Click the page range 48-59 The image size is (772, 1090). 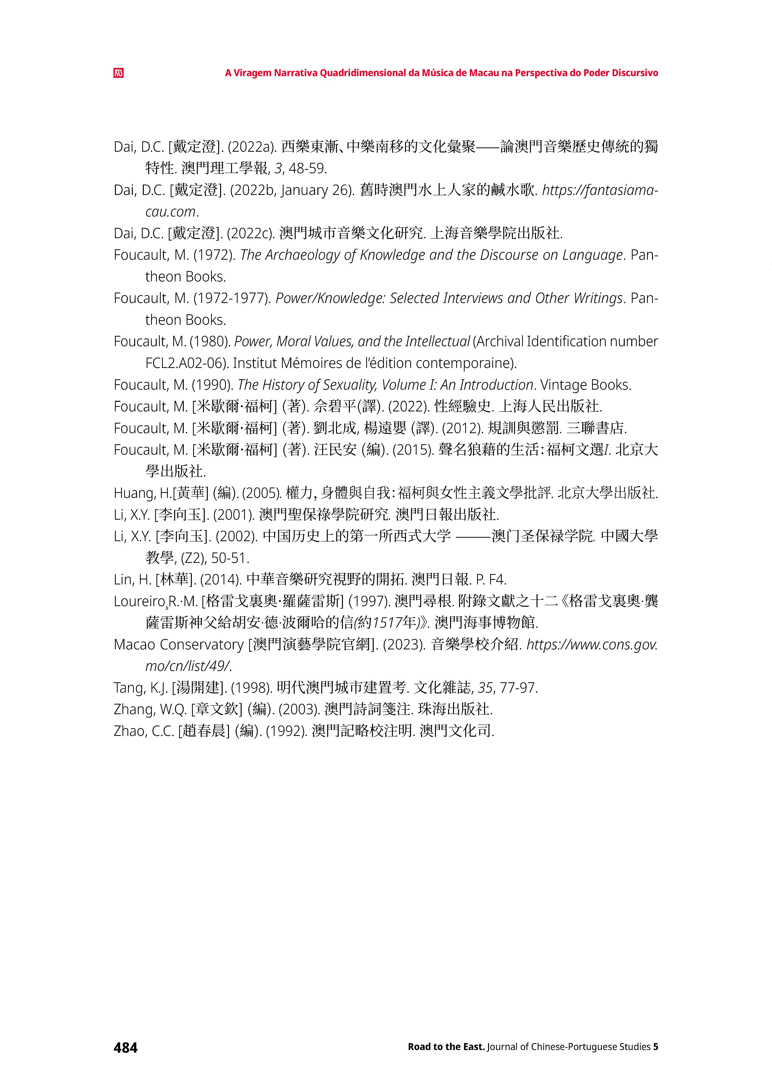[x=308, y=168]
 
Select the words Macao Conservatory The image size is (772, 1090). [x=179, y=645]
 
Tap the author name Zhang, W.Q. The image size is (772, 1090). [x=150, y=710]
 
